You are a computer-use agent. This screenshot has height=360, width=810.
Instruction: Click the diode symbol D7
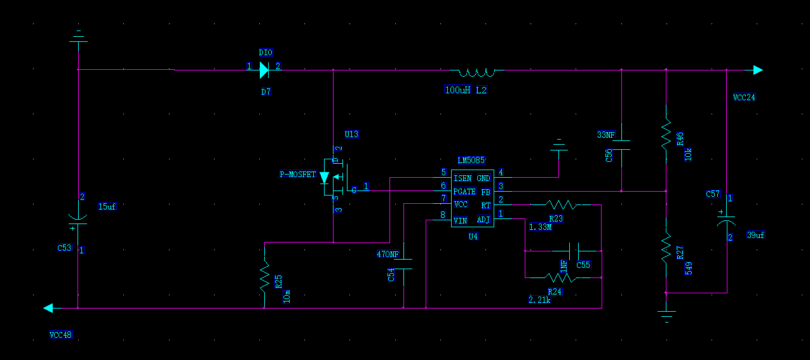pyautogui.click(x=264, y=70)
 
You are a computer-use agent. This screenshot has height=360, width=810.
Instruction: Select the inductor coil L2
pyautogui.click(x=477, y=72)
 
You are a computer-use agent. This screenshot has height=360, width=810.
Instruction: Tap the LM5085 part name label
pyautogui.click(x=471, y=160)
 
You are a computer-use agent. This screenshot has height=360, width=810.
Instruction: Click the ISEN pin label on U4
pyautogui.click(x=462, y=178)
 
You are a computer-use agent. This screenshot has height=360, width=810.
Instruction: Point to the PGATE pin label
pyautogui.click(x=464, y=191)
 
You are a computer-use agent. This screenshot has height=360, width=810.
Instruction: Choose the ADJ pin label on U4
pyautogui.click(x=483, y=220)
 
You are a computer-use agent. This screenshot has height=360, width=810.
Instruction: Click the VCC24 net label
pyautogui.click(x=744, y=97)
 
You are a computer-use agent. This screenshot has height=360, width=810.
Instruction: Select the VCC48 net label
pyautogui.click(x=61, y=335)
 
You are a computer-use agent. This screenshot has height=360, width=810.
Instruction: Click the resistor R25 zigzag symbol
pyautogui.click(x=265, y=276)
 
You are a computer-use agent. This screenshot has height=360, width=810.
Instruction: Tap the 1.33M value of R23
pyautogui.click(x=540, y=227)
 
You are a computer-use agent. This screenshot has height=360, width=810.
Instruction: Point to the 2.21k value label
pyautogui.click(x=539, y=300)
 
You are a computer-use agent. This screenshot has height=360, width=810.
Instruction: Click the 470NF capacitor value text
pyautogui.click(x=388, y=254)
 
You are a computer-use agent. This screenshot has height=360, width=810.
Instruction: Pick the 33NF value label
pyautogui.click(x=606, y=135)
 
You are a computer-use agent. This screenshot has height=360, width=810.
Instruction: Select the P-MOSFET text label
pyautogui.click(x=298, y=174)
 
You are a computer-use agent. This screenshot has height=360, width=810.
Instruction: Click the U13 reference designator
pyautogui.click(x=351, y=135)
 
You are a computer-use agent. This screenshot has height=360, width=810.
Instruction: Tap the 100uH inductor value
pyautogui.click(x=457, y=90)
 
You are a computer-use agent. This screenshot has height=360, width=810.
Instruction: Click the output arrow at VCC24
pyautogui.click(x=758, y=70)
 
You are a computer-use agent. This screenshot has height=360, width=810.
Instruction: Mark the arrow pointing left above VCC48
pyautogui.click(x=48, y=309)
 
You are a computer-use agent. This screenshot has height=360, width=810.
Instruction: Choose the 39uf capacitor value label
pyautogui.click(x=756, y=236)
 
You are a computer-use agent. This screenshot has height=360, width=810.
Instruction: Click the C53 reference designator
pyautogui.click(x=64, y=248)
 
